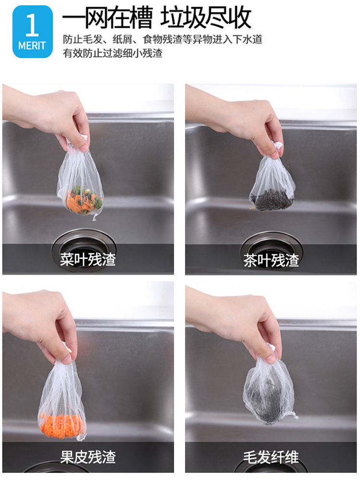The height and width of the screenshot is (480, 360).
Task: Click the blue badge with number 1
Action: coord(33,32)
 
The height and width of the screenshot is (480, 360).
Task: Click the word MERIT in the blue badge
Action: coord(32,46)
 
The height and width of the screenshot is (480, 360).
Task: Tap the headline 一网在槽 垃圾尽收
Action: coord(157,18)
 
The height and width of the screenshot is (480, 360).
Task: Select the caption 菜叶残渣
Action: coord(88,259)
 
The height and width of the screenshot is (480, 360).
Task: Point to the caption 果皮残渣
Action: coord(88,457)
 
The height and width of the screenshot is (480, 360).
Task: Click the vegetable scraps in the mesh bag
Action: coord(84,199)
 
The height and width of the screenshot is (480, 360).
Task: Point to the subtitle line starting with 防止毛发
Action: coord(163,39)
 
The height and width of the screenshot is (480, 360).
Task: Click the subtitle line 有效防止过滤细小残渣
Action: coord(113,53)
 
